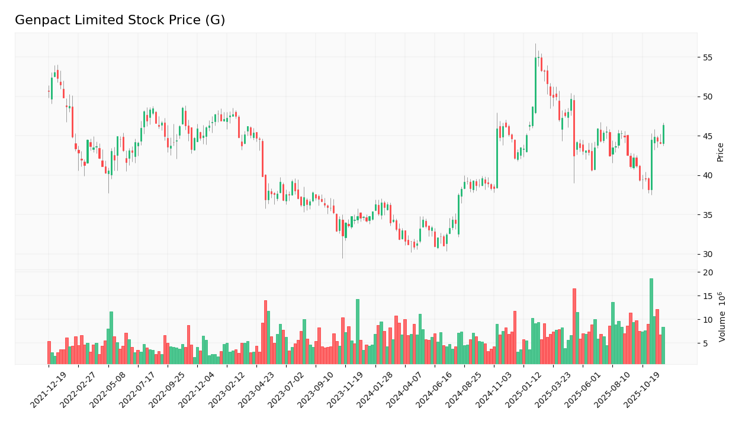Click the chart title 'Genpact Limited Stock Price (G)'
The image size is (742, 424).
point(120,21)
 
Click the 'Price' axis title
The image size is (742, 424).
point(721,152)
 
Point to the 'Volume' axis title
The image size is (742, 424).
point(722,317)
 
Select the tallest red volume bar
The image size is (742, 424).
point(574,326)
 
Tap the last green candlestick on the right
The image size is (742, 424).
point(663,134)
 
